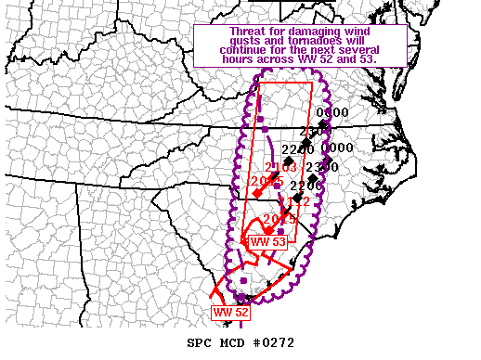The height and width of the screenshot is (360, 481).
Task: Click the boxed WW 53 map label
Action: coord(267,242)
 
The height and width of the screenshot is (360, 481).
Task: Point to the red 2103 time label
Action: coord(280,167)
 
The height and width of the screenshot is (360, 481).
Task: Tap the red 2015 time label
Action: coord(279,219)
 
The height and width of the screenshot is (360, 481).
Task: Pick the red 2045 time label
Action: coord(266,181)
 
